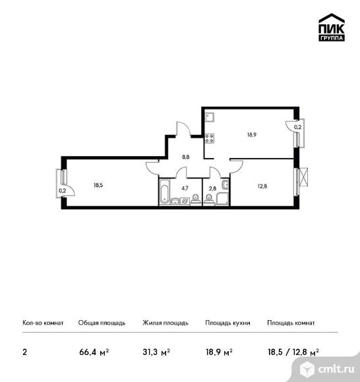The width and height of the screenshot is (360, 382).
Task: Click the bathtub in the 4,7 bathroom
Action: click(x=164, y=192)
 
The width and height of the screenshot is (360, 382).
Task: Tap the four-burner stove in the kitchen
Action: click(x=209, y=138)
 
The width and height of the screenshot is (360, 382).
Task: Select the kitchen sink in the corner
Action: click(x=209, y=117)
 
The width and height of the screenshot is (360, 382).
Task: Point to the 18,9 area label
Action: click(x=252, y=134)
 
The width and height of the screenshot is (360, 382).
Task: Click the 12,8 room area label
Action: click(x=262, y=186)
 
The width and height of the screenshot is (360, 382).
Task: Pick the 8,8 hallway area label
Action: click(x=186, y=157)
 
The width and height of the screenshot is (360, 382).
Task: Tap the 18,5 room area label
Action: click(x=98, y=185)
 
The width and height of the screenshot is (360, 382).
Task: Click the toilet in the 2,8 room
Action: click(x=208, y=199)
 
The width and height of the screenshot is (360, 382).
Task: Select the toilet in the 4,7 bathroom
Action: click(x=195, y=198)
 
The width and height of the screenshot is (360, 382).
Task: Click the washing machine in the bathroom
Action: click(x=185, y=201)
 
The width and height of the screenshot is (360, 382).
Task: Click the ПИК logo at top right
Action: click(x=332, y=27)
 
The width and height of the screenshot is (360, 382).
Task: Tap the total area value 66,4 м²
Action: click(x=94, y=352)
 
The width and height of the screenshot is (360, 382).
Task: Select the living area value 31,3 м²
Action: click(x=156, y=352)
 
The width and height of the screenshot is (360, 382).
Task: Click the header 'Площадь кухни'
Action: click(x=227, y=323)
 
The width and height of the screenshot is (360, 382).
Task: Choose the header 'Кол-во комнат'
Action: click(x=43, y=323)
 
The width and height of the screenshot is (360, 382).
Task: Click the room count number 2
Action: click(x=24, y=352)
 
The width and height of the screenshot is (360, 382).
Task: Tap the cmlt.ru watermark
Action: click(x=327, y=369)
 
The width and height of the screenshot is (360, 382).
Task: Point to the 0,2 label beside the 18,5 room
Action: click(x=63, y=191)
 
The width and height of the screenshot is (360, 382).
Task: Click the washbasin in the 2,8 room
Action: click(x=225, y=184)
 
